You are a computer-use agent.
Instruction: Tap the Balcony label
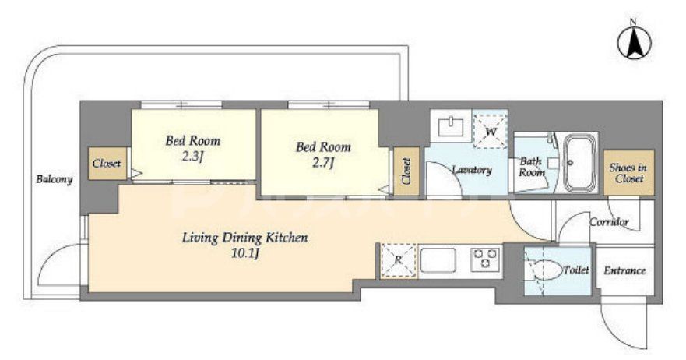click(x=55, y=179)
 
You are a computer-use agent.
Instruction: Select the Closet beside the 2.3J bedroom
click(x=107, y=164)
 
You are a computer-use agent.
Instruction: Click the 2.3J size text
click(x=192, y=157)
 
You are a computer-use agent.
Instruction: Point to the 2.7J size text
click(x=324, y=163)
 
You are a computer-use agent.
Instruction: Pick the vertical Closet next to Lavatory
click(x=406, y=171)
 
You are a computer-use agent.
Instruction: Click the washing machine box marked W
click(x=491, y=130)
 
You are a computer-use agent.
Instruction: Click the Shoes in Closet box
click(x=628, y=172)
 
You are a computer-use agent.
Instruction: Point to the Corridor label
click(x=609, y=222)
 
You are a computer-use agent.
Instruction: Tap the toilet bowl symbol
click(x=544, y=271)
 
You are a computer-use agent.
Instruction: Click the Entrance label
click(x=624, y=270)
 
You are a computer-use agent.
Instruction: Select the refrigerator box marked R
click(x=398, y=260)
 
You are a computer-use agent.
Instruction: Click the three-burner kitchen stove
click(x=485, y=259)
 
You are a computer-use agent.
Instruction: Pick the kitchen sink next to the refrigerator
click(x=438, y=260)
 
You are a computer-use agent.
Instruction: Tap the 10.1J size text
click(x=245, y=252)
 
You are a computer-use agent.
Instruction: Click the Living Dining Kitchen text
click(x=245, y=238)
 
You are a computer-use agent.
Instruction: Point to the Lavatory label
click(x=472, y=170)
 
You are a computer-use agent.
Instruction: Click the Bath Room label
click(x=532, y=167)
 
